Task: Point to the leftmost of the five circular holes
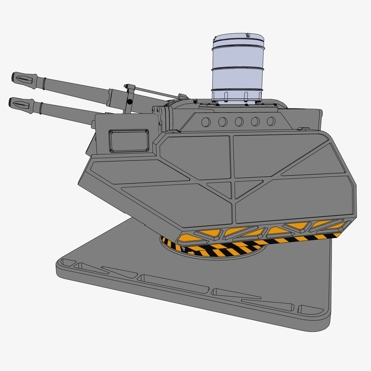[206, 122]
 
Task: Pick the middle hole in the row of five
[239, 122]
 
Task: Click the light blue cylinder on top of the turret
[238, 70]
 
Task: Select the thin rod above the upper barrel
[153, 92]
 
